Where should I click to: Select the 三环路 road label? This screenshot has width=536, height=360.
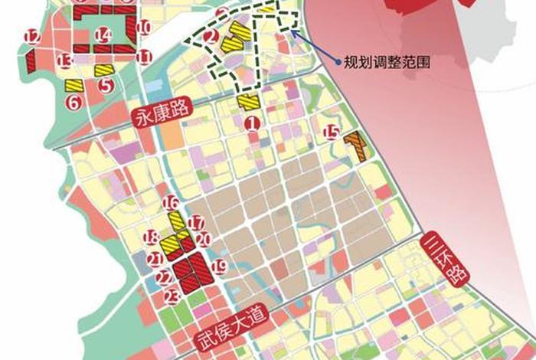pos(440,260)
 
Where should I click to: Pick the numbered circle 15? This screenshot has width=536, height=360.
pos(332,132)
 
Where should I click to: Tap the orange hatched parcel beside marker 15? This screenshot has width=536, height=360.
pos(357,146)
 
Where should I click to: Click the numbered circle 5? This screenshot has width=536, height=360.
pos(106,87)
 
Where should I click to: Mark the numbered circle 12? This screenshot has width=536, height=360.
pos(31,36)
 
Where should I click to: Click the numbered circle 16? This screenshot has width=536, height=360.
pos(172,203)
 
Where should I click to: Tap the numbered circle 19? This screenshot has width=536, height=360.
pos(219,267)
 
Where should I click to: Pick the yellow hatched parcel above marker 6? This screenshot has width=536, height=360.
pos(74,85)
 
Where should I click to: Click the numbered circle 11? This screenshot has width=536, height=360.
pos(145,56)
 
